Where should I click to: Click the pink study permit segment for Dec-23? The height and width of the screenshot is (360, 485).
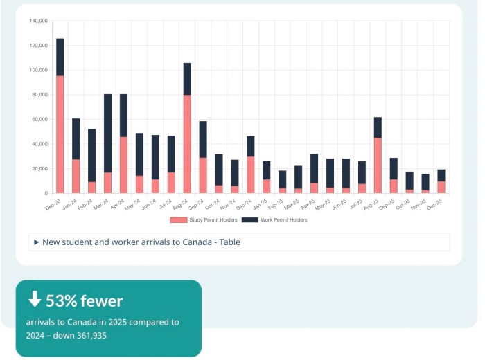point(60,134)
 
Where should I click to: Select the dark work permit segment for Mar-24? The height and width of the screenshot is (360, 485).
point(107,133)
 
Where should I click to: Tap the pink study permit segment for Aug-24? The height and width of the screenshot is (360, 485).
point(187,144)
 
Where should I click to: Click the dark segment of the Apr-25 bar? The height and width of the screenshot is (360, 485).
point(314,168)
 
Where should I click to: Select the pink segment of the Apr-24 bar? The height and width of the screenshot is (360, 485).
point(123,165)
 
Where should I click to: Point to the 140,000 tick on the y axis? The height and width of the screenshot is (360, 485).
point(38,21)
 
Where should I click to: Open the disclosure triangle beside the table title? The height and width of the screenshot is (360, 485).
point(36,242)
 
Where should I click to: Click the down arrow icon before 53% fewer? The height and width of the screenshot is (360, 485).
point(34,300)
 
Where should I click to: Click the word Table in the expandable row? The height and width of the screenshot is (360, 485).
point(227,242)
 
